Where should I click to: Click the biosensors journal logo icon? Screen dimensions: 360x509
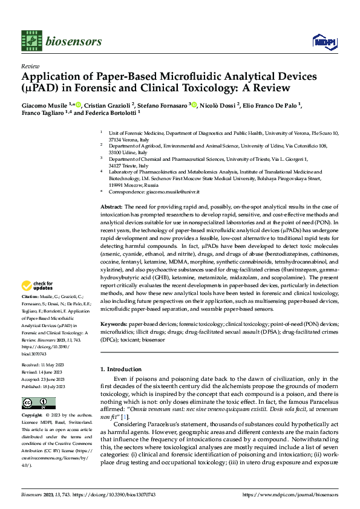pos(30,40)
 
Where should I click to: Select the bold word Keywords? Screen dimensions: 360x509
pos(113,323)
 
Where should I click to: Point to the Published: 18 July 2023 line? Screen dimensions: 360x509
pos(48,386)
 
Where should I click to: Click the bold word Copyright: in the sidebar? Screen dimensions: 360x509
pos(32,416)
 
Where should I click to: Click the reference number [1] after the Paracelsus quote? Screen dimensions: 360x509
pos(125,417)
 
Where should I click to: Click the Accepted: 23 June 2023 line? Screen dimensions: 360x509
pos(47,380)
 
